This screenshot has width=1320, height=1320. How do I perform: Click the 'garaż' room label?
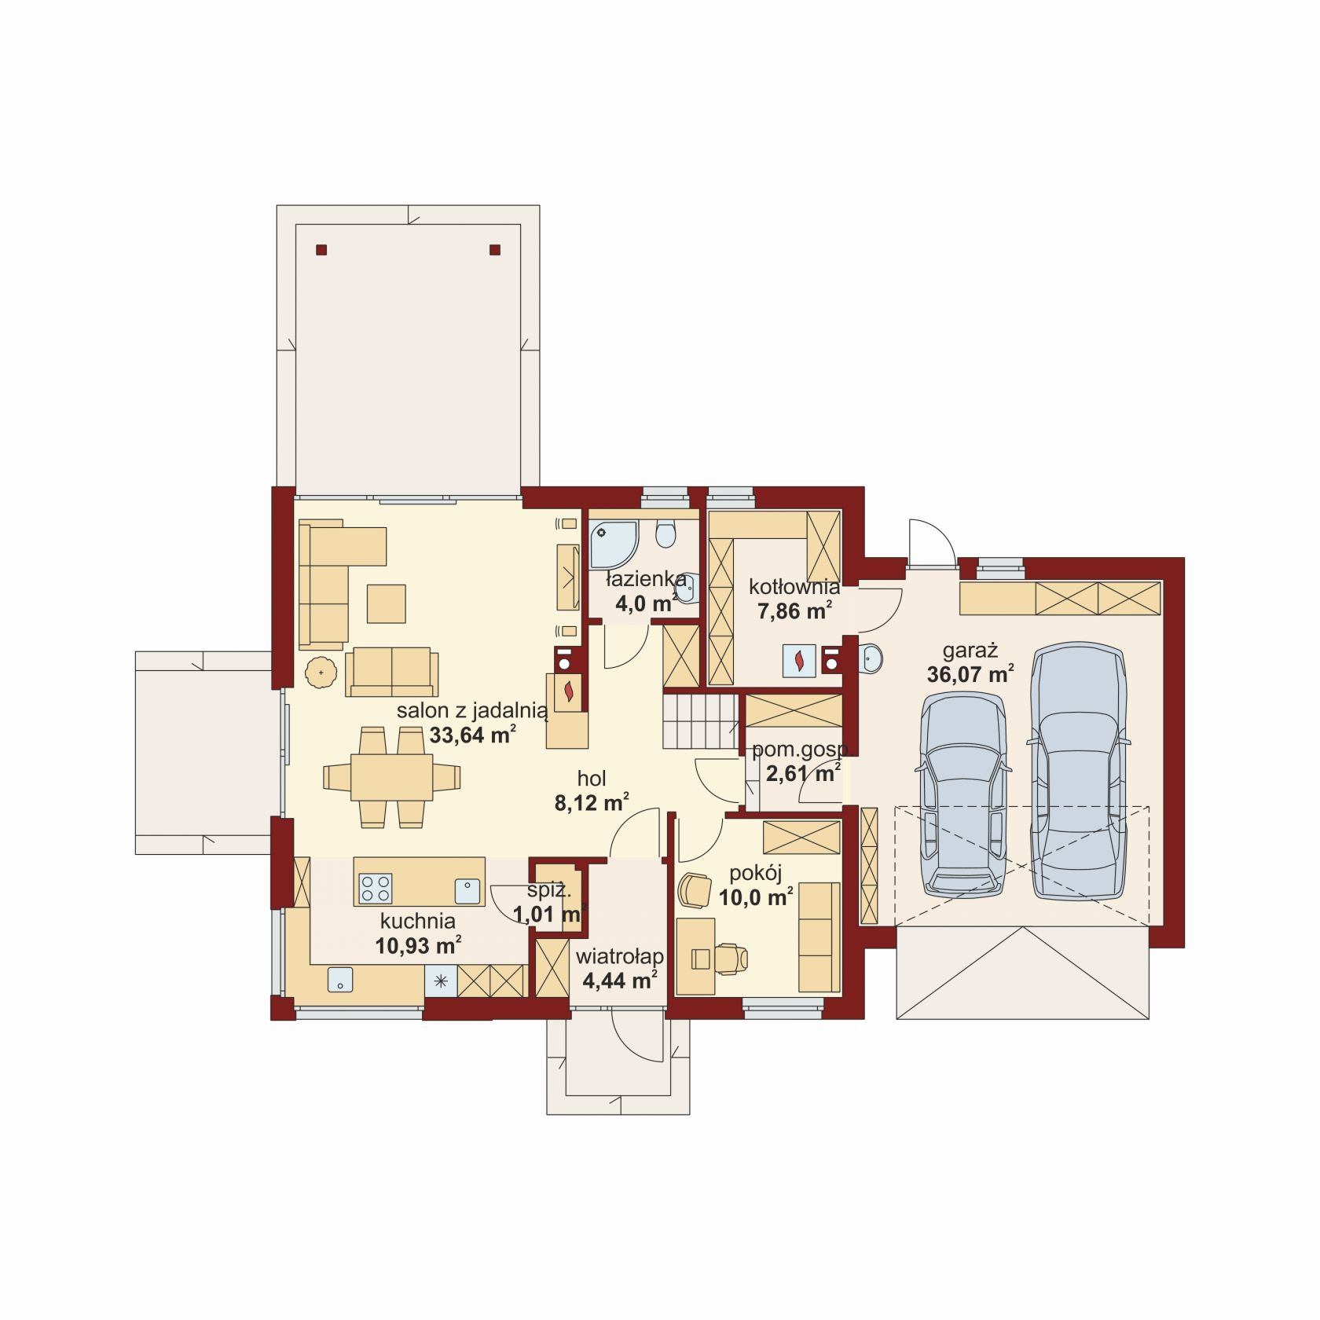970,651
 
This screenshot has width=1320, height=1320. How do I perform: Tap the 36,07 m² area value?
970,674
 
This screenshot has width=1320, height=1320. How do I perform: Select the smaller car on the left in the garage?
962,794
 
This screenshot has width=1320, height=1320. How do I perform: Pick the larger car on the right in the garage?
1079,771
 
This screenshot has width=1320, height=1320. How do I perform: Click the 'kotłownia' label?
794,587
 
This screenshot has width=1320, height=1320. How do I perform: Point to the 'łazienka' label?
646,580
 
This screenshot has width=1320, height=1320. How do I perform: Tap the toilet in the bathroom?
666,533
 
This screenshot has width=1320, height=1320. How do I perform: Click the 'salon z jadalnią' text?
471,712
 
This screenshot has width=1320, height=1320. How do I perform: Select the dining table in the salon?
391,776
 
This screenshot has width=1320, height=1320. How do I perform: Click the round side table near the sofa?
321,673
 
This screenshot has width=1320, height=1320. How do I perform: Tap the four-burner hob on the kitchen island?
376,889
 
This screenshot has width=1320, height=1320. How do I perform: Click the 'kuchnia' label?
418,921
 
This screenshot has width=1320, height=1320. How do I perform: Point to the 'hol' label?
592,779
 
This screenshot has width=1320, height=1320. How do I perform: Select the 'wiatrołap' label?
620,957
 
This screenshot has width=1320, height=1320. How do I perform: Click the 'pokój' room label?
755,874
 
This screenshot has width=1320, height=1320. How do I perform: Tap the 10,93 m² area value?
418,945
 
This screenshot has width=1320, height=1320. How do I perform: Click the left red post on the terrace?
321,251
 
